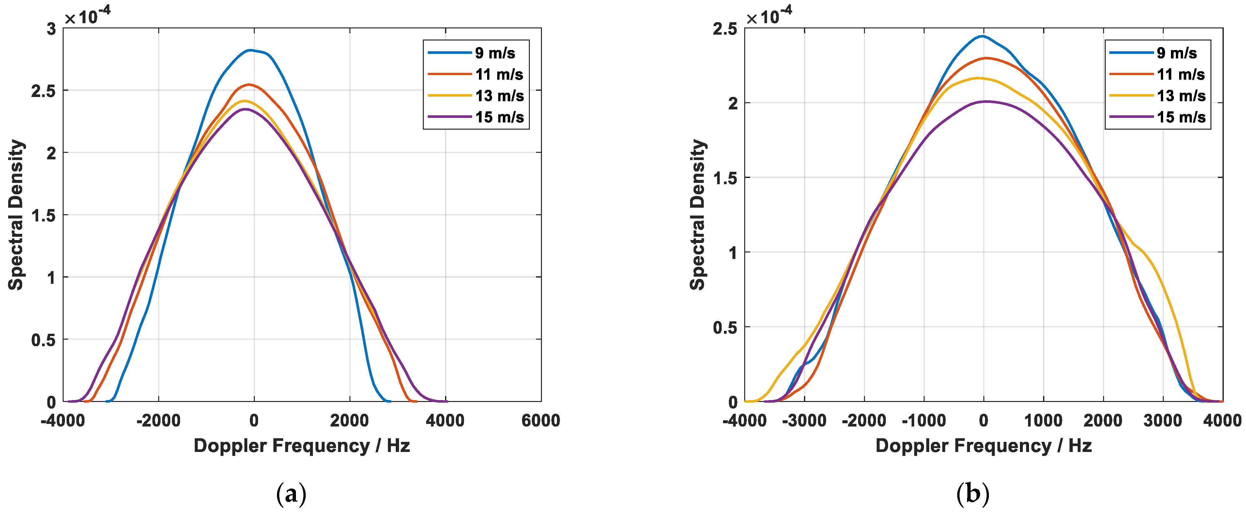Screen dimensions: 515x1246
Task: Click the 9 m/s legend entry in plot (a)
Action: point(494,53)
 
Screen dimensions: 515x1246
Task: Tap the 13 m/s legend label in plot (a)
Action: point(499,96)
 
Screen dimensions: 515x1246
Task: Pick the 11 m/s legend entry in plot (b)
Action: point(1180,74)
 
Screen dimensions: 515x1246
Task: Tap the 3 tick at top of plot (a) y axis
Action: point(51,29)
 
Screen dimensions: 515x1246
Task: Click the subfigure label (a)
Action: point(291,494)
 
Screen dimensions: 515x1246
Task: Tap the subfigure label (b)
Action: point(973,494)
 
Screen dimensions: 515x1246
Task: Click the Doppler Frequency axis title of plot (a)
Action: point(301,445)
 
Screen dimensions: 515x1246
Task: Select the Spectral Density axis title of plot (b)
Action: point(698,215)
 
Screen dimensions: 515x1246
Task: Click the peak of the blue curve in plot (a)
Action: point(250,50)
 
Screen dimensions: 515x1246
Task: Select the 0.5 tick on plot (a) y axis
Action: point(43,340)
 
